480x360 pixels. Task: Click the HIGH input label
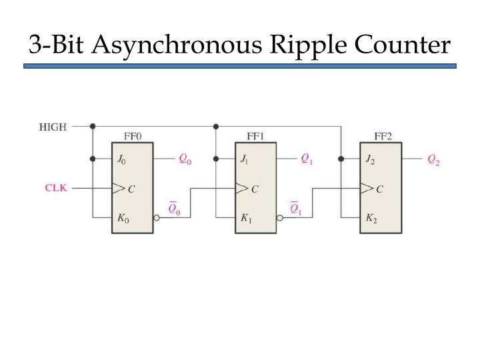53,127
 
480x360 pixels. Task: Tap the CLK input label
56,187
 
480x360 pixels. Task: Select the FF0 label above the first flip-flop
133,136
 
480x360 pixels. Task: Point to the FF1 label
255,136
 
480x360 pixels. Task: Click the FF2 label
383,136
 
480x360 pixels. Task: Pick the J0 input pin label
121,159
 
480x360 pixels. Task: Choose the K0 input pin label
123,218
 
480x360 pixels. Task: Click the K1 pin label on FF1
246,218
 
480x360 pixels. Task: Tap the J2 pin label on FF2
370,159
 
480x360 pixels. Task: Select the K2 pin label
371,218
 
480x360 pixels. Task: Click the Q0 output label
185,159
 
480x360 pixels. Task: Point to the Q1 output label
307,159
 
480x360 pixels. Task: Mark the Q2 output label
433,160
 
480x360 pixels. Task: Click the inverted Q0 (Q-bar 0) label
174,208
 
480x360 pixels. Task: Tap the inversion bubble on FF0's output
157,218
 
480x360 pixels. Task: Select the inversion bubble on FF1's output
280,218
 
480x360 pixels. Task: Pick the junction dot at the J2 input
341,159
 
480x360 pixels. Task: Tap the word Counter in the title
402,45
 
